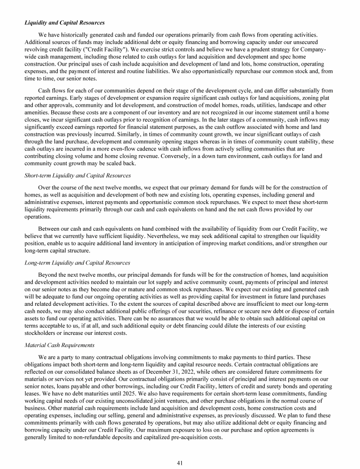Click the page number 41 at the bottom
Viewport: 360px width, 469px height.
[180, 450]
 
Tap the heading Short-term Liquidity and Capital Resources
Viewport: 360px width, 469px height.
[77, 176]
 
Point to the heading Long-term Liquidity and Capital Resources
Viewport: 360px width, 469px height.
[77, 263]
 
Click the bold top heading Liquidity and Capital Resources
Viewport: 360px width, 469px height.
[64, 22]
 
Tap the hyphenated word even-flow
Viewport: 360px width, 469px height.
[128, 149]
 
